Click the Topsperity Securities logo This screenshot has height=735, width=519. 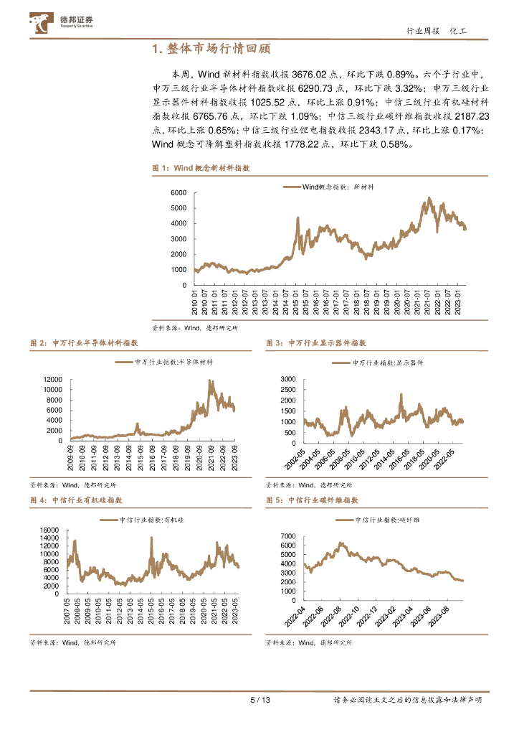click(x=62, y=24)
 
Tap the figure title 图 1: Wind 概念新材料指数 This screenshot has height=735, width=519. click(x=201, y=167)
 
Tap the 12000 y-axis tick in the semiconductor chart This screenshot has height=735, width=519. click(x=53, y=378)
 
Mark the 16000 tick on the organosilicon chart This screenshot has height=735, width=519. click(x=48, y=530)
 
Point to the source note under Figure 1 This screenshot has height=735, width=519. click(x=194, y=327)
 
